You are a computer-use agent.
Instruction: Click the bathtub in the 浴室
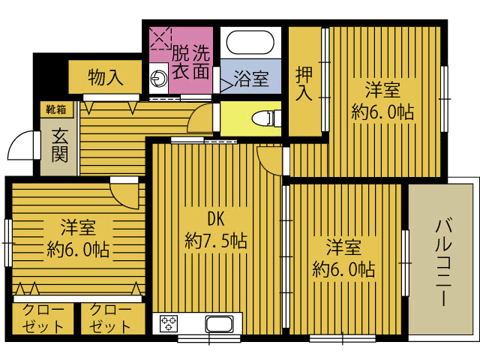[x=250, y=43]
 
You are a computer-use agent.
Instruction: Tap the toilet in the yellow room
[x=265, y=118]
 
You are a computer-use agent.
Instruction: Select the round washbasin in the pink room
[x=158, y=78]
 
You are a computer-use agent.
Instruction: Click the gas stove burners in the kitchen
[x=169, y=323]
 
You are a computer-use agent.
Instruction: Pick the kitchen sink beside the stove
[x=219, y=324]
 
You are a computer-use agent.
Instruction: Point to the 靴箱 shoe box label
[x=56, y=109]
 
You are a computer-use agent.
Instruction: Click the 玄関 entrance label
[x=59, y=145]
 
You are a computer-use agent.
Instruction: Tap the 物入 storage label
[x=106, y=76]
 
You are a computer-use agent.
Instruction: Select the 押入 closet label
[x=304, y=84]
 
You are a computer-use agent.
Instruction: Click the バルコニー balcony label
[x=444, y=262]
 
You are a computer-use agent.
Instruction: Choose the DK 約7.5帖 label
[x=216, y=230]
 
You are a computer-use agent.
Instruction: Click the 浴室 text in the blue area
[x=251, y=79]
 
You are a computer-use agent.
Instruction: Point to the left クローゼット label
[x=43, y=318]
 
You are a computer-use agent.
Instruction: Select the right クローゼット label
[x=110, y=318]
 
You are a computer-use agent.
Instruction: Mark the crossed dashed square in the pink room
[x=160, y=38]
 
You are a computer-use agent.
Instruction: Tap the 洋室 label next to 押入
[x=382, y=90]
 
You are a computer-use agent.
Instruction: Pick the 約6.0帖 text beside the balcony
[x=343, y=270]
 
